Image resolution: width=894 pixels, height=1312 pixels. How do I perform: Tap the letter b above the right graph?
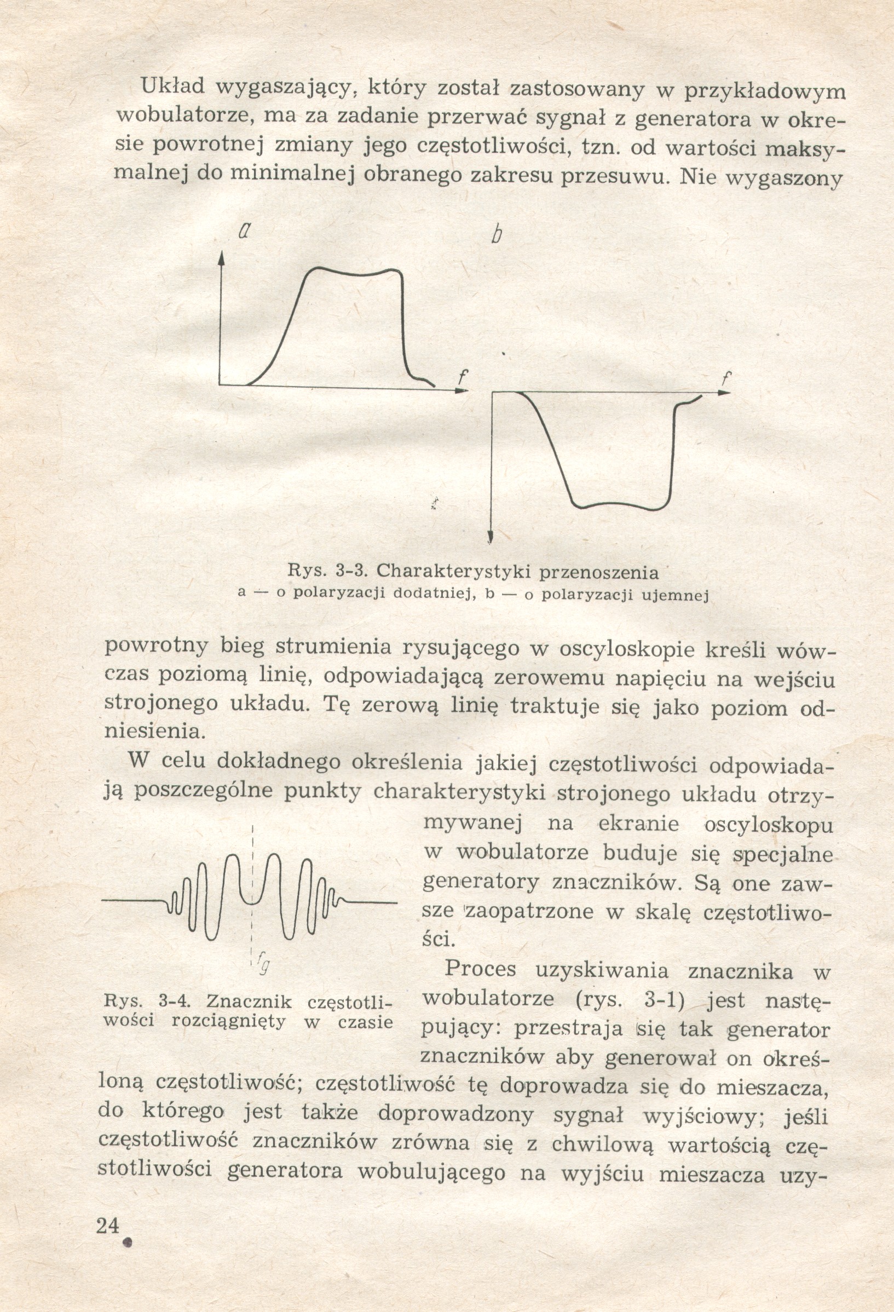point(495,235)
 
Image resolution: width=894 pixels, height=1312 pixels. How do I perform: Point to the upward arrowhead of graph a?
point(222,258)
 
